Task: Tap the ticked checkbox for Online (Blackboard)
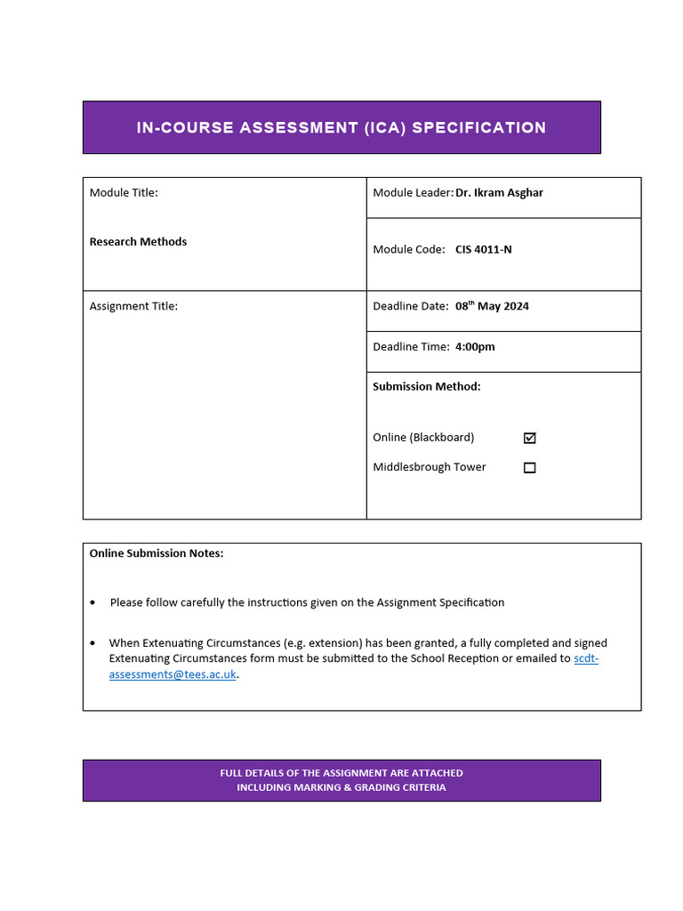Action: [530, 438]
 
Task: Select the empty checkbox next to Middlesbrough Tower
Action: [530, 468]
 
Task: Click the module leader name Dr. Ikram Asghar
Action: [499, 193]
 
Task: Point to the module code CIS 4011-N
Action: [483, 250]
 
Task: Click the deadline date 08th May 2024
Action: [492, 306]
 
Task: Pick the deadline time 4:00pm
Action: [475, 347]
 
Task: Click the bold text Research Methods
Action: [138, 242]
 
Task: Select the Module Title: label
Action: [124, 193]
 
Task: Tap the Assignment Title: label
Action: [133, 306]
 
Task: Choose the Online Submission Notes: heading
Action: [157, 553]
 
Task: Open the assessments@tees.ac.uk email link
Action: [173, 674]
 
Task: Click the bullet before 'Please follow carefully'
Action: [93, 603]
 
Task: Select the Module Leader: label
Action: [413, 193]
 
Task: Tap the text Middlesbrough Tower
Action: [430, 468]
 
